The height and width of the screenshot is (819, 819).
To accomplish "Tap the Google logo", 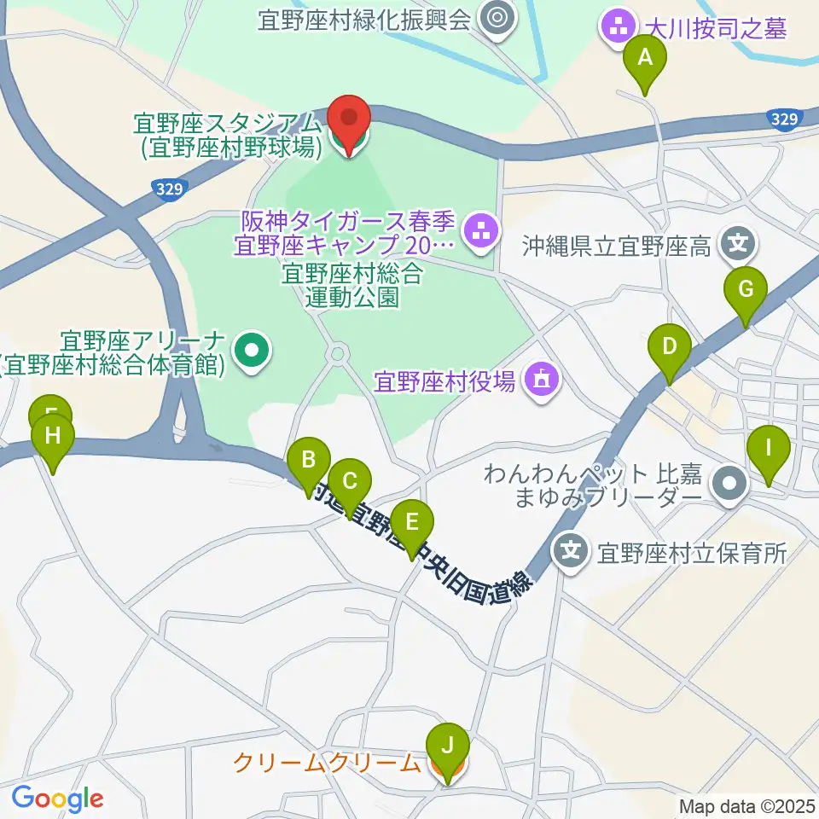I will pos(57,799).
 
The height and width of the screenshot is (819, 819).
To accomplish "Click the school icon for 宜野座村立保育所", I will pos(571,549).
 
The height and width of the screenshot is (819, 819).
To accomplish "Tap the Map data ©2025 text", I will pos(747,805).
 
